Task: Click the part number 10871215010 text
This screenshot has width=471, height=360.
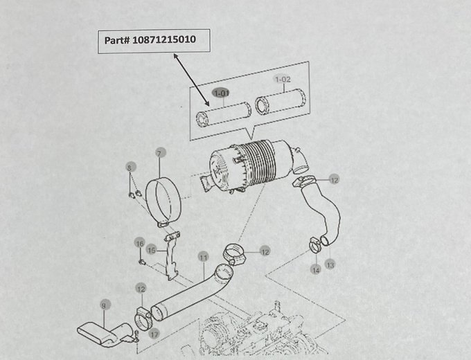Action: pyautogui.click(x=149, y=41)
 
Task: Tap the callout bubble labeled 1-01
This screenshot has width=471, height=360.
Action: pyautogui.click(x=222, y=93)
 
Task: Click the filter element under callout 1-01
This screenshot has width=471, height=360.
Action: pyautogui.click(x=223, y=113)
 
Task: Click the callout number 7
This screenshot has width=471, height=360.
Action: pyautogui.click(x=159, y=153)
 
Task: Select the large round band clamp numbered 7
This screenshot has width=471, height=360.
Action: pyautogui.click(x=164, y=198)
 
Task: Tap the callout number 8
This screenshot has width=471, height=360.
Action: pyautogui.click(x=129, y=168)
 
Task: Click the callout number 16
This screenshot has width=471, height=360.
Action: pyautogui.click(x=139, y=243)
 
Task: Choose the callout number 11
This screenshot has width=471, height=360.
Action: pyautogui.click(x=203, y=257)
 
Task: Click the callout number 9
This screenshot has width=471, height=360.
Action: pyautogui.click(x=104, y=304)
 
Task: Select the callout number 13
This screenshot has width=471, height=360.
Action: pyautogui.click(x=330, y=264)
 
